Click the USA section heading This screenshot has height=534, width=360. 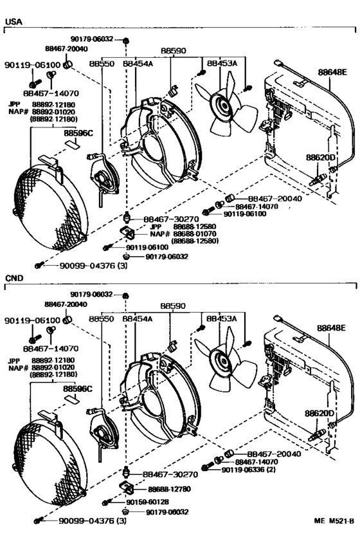[x=13, y=21]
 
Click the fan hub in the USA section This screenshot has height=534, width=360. [x=224, y=105]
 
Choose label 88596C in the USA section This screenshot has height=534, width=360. [x=78, y=133]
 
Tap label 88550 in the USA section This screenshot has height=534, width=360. [x=102, y=64]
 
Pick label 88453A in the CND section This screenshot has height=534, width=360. [x=222, y=318]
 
